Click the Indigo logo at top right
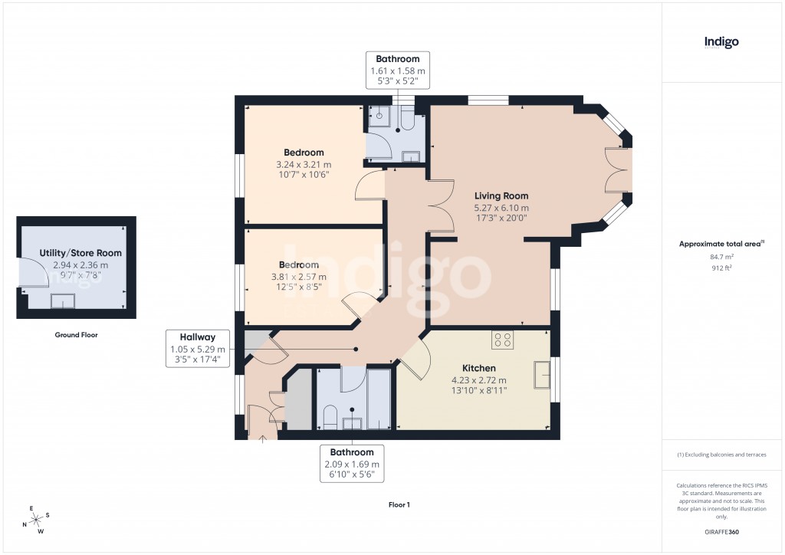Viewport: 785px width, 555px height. pos(721,42)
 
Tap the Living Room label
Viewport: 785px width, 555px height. pos(501,196)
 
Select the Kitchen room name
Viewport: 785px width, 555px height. pos(478,368)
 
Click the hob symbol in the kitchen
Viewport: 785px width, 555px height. pos(503,339)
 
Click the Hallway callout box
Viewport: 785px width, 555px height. pos(199,349)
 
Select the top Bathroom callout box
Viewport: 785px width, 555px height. pos(397,71)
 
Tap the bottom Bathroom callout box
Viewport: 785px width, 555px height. pos(352,464)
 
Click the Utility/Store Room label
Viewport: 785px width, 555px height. pos(80,252)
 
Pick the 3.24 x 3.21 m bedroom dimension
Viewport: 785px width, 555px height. pos(304,165)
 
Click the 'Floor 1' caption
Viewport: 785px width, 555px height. pos(399,505)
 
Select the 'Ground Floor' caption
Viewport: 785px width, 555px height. pos(76,335)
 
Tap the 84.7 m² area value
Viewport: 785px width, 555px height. pos(721,258)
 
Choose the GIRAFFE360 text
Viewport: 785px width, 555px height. pos(721,532)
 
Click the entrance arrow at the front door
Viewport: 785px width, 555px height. pos(263,438)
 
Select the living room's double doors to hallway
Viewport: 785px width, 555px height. pos(439,207)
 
